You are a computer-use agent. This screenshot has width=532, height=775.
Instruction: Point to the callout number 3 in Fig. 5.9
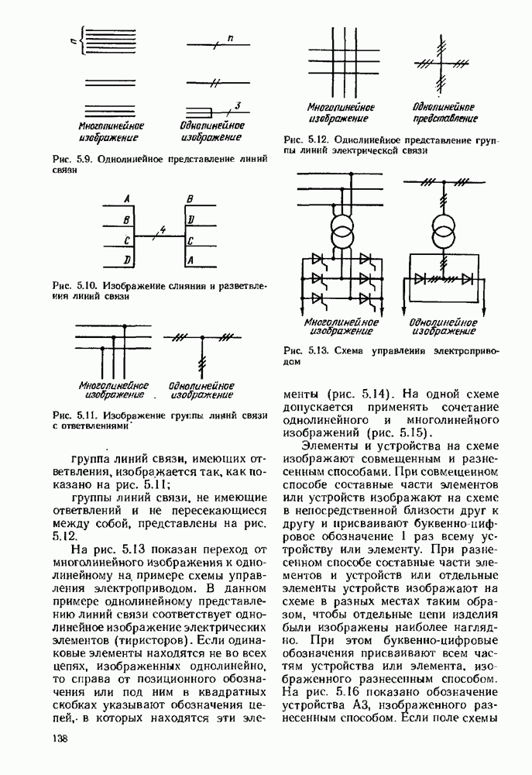coord(238,104)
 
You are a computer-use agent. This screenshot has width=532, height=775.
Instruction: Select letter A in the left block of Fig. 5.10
coord(125,198)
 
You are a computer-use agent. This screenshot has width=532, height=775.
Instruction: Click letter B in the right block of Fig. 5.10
coord(190,198)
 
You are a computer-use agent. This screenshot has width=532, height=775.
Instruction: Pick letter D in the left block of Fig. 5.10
coord(125,257)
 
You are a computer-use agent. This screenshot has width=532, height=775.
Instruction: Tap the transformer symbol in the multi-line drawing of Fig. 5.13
coord(339,231)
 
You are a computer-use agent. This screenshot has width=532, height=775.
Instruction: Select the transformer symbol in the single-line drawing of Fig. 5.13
coord(442,231)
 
